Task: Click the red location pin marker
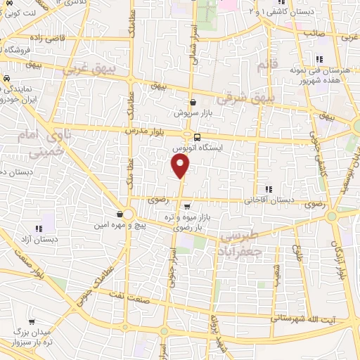tap(181, 166)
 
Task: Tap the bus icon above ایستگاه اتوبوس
tap(197, 137)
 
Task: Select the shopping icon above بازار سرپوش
tap(193, 102)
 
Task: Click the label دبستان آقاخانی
tap(269, 200)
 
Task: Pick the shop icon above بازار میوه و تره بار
tap(187, 207)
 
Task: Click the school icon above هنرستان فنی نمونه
tap(319, 59)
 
